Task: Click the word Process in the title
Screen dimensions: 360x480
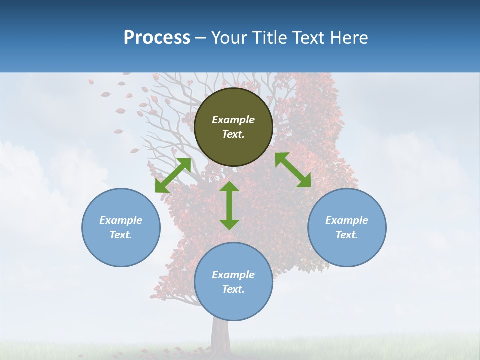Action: pyautogui.click(x=157, y=38)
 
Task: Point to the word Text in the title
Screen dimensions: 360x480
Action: pyautogui.click(x=308, y=38)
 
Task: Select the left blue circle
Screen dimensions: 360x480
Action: pyautogui.click(x=121, y=227)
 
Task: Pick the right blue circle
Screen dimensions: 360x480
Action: pyautogui.click(x=347, y=227)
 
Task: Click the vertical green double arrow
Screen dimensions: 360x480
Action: pyautogui.click(x=229, y=205)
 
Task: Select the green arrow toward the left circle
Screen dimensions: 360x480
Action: pyautogui.click(x=173, y=175)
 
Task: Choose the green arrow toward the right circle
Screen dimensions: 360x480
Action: pyautogui.click(x=293, y=170)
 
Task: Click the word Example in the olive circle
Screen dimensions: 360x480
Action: pyautogui.click(x=233, y=120)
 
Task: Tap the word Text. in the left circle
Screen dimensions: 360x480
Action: pyautogui.click(x=121, y=235)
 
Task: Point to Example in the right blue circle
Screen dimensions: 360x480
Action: pyautogui.click(x=347, y=220)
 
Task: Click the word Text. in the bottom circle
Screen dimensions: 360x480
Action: pyautogui.click(x=233, y=289)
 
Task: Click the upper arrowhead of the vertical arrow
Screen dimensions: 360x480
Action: pyautogui.click(x=229, y=187)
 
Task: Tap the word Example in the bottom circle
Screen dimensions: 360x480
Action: pyautogui.click(x=233, y=275)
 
